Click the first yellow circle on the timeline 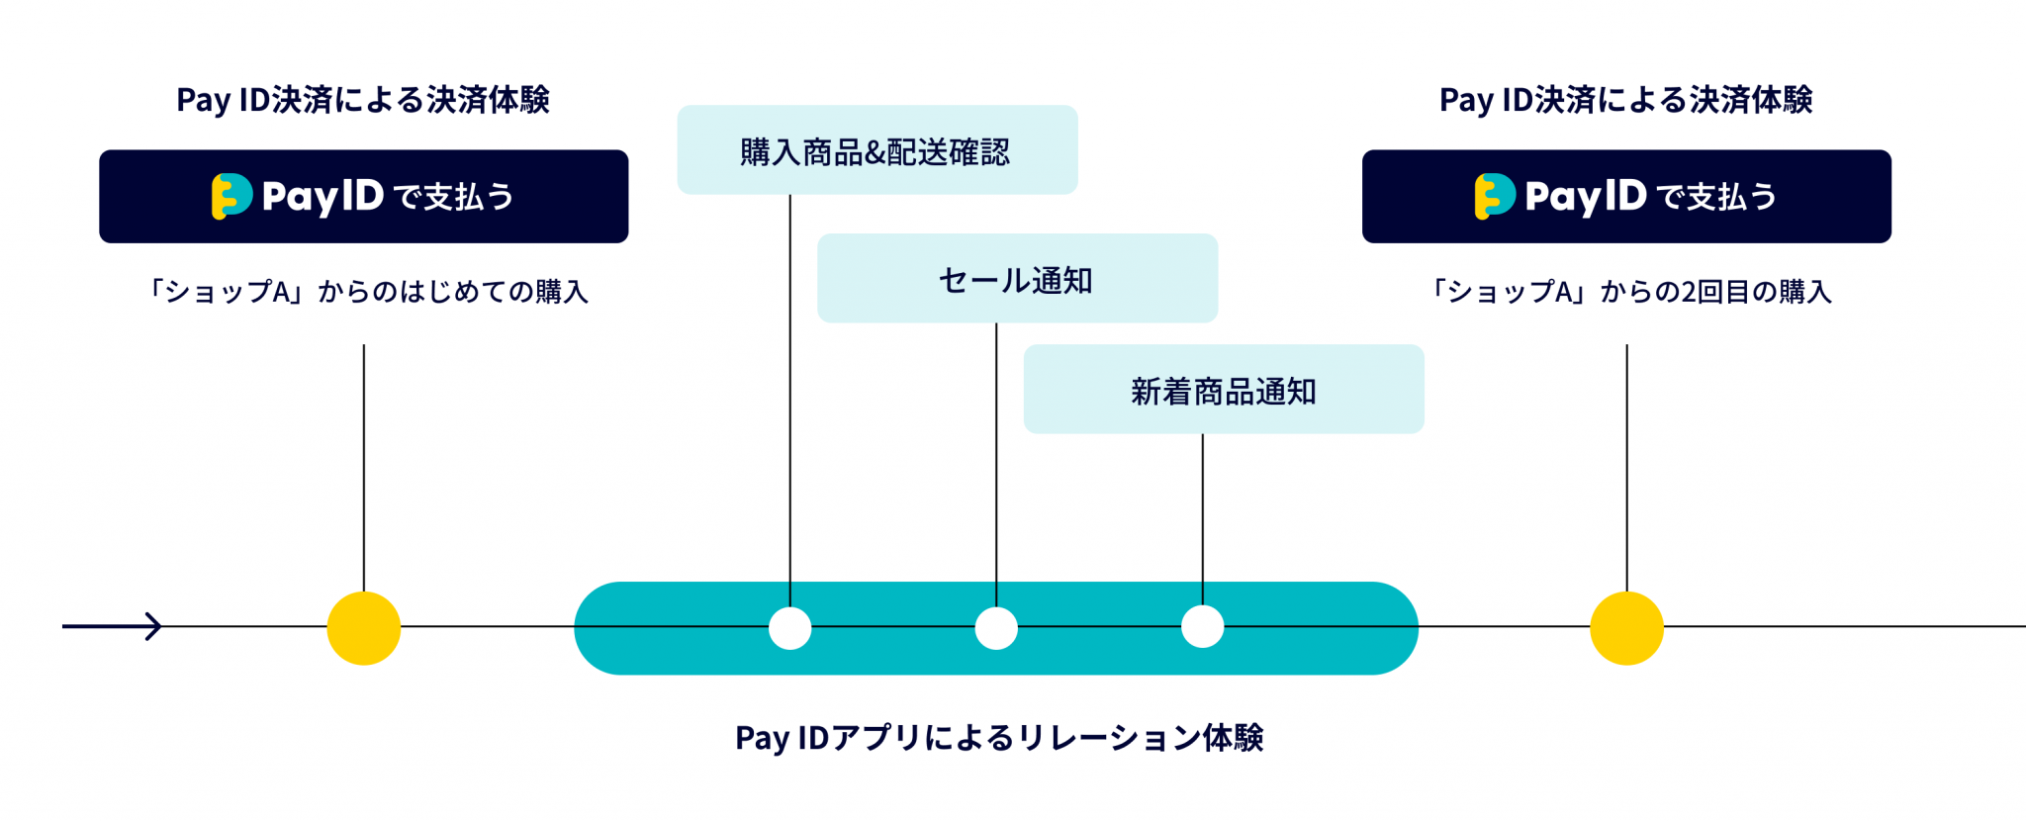pyautogui.click(x=364, y=628)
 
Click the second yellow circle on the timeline pyautogui.click(x=1626, y=628)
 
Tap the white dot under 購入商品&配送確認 pyautogui.click(x=789, y=628)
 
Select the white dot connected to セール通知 pyautogui.click(x=996, y=628)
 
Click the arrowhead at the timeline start pyautogui.click(x=153, y=626)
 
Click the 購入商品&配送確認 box pyautogui.click(x=876, y=150)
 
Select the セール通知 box pyautogui.click(x=1017, y=279)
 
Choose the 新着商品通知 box pyautogui.click(x=1223, y=390)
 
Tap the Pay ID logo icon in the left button pyautogui.click(x=231, y=196)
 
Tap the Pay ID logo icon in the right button pyautogui.click(x=1494, y=196)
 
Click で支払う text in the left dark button pyautogui.click(x=453, y=197)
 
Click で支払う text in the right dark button pyautogui.click(x=1716, y=197)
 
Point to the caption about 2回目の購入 pyautogui.click(x=1628, y=292)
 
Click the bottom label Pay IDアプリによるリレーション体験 pyautogui.click(x=999, y=738)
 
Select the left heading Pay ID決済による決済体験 pyautogui.click(x=362, y=100)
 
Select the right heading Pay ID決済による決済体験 pyautogui.click(x=1625, y=100)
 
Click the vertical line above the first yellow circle pyautogui.click(x=364, y=465)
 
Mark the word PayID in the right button pyautogui.click(x=1585, y=197)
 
